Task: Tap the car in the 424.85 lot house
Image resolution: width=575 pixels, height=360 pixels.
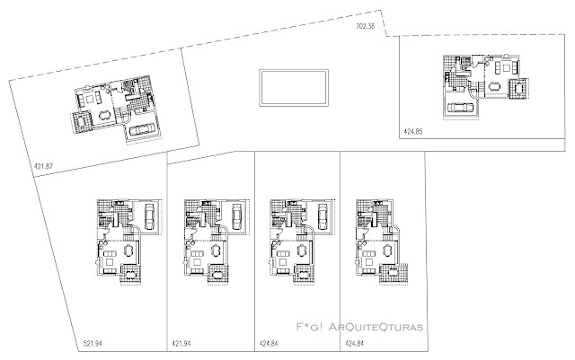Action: pos(459,107)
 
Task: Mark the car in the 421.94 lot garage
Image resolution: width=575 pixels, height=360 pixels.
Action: pos(236,216)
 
